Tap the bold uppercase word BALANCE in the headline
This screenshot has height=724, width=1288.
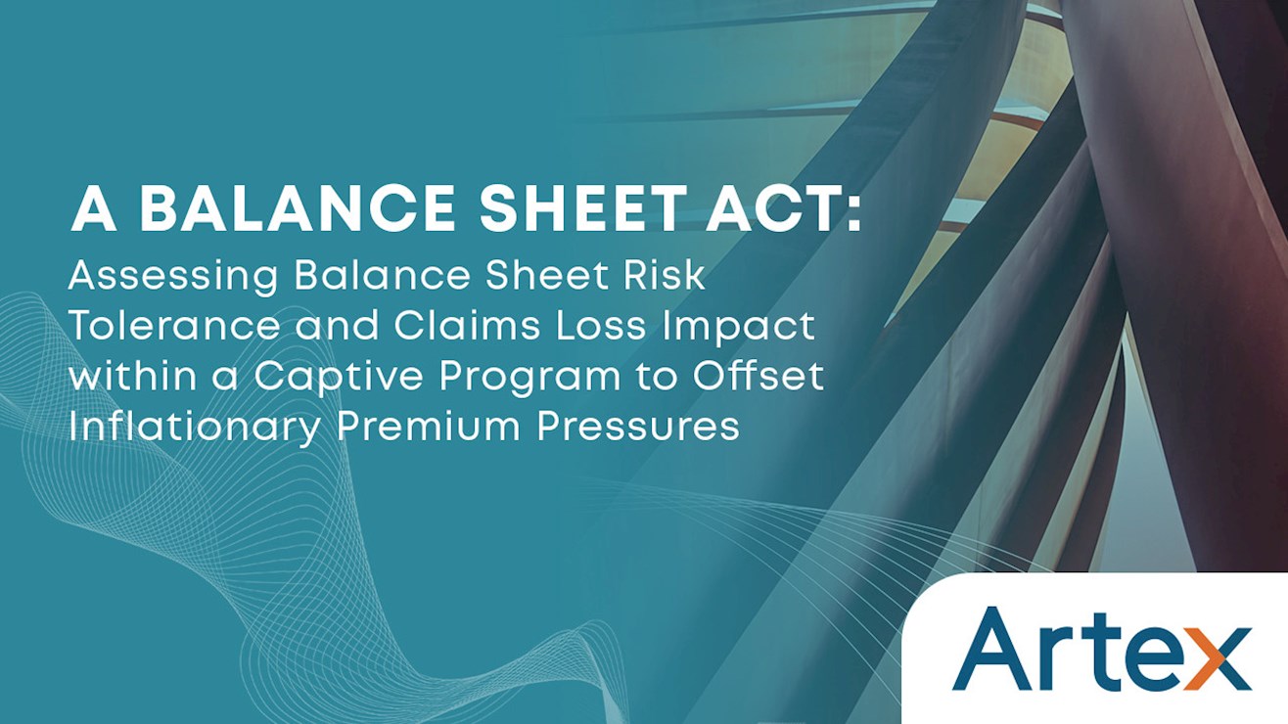point(298,207)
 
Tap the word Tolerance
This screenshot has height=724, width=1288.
point(174,325)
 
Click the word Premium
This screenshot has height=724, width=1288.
point(429,426)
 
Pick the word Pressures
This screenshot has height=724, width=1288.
point(638,426)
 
